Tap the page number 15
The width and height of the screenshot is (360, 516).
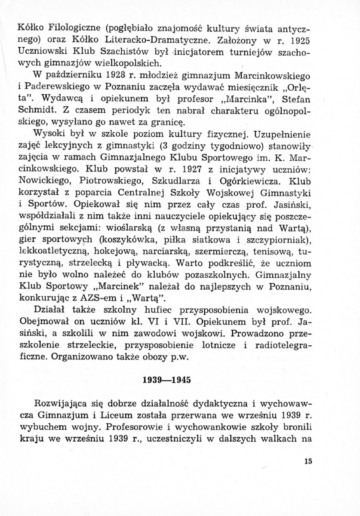pos(307,462)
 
